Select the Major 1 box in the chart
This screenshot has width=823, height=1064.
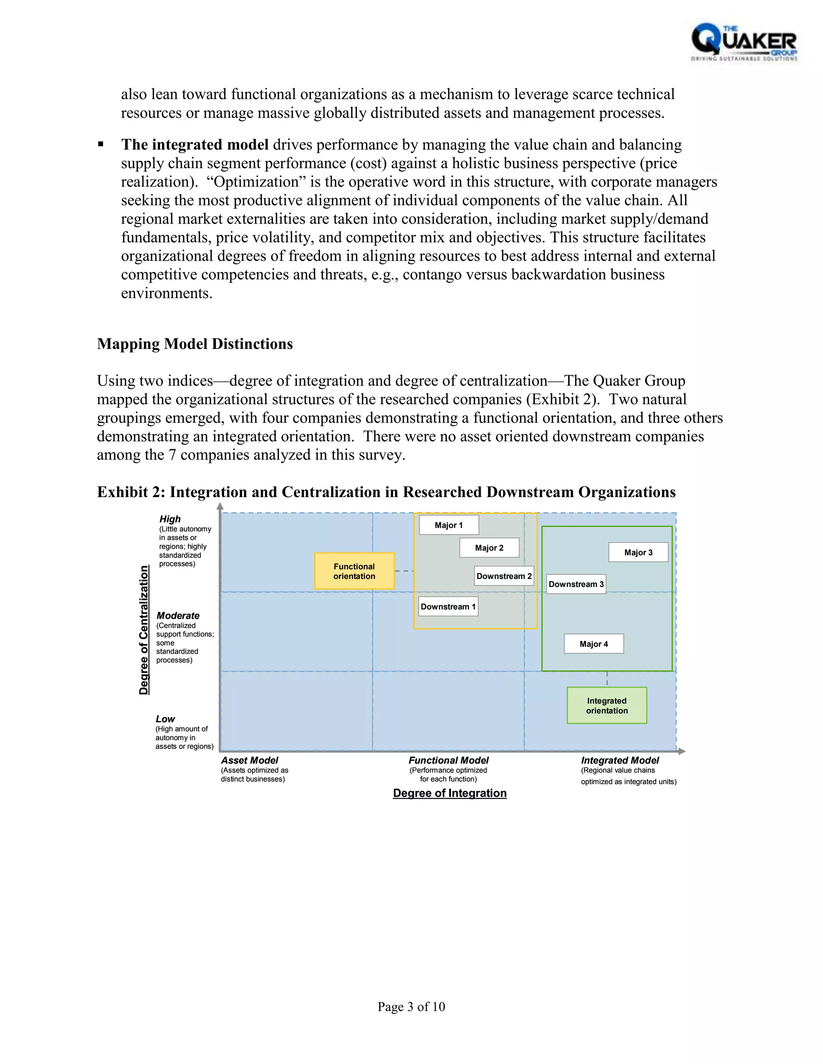coord(448,525)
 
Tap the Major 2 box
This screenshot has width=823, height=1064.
coord(489,548)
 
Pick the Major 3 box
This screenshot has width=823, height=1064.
coord(638,552)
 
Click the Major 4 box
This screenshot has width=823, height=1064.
coord(594,644)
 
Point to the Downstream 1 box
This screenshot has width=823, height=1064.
coord(448,607)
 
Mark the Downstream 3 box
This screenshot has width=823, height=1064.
coord(576,584)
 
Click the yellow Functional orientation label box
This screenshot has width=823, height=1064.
coord(354,571)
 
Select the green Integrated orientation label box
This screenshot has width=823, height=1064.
coord(606,705)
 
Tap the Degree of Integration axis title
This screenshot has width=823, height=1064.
coord(450,793)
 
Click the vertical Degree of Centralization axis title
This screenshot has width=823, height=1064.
coord(144,630)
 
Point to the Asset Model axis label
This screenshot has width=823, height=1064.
coord(250,760)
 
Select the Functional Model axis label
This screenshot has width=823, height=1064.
coord(448,760)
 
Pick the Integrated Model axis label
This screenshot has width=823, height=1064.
coord(620,760)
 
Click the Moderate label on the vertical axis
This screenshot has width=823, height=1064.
coord(178,616)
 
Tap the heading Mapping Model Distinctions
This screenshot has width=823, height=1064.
coord(194,344)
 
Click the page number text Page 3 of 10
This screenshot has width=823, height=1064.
coord(411,1007)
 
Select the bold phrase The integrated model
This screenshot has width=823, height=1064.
coord(194,145)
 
